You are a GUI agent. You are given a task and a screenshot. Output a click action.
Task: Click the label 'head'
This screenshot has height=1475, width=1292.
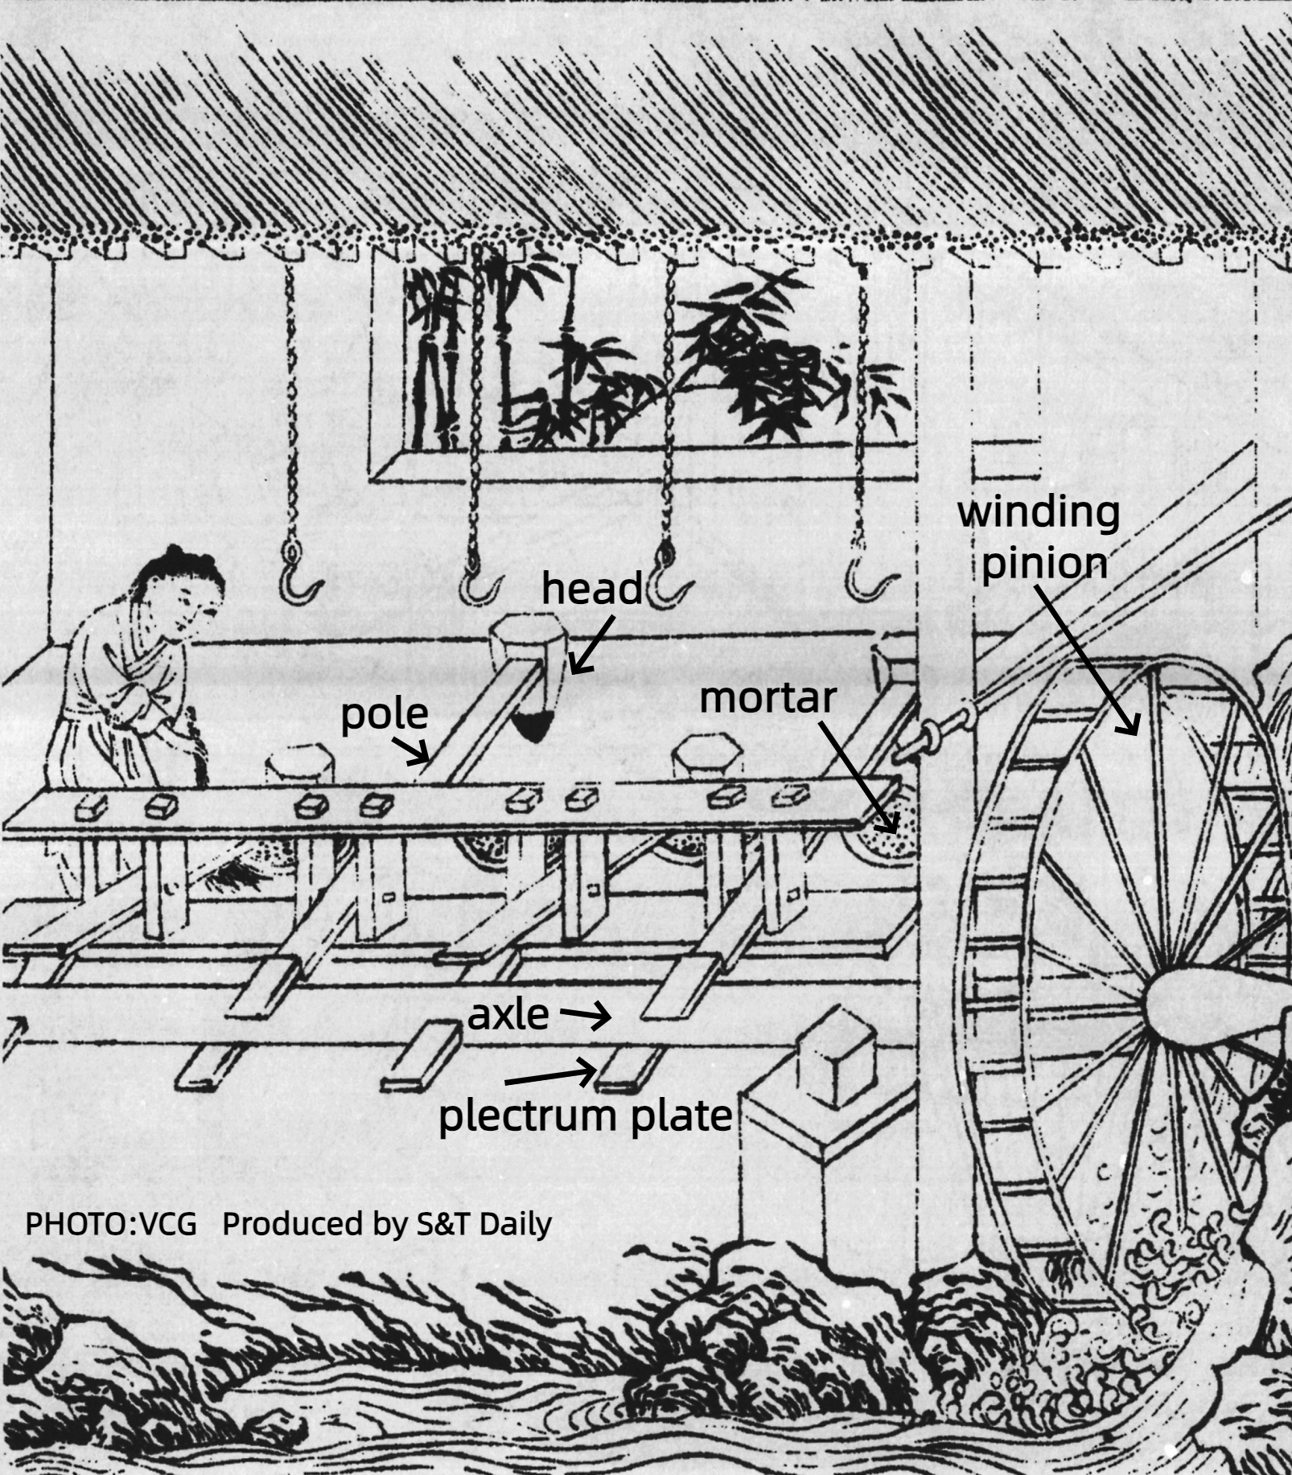[x=591, y=589]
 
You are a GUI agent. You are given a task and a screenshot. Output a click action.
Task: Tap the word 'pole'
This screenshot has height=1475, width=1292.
[x=385, y=714]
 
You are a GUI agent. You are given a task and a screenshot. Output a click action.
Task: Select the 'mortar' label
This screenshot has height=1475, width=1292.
[x=767, y=698]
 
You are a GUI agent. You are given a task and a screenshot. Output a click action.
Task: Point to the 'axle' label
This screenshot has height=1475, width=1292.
[x=508, y=1015]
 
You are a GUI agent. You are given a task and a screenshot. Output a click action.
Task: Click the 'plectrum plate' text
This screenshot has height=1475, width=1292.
[x=585, y=1115]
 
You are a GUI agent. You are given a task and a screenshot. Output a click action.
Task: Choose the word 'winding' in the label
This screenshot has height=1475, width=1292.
[x=1038, y=512]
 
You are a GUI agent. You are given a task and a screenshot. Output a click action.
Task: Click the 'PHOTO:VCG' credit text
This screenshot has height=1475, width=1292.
[x=111, y=1223]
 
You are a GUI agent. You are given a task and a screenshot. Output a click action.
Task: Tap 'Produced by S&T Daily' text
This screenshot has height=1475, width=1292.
[x=387, y=1223]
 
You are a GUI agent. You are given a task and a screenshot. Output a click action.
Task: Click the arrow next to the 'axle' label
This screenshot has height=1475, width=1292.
[x=585, y=1016]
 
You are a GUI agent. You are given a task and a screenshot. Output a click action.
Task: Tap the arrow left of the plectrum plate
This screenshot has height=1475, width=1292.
[x=552, y=1075]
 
